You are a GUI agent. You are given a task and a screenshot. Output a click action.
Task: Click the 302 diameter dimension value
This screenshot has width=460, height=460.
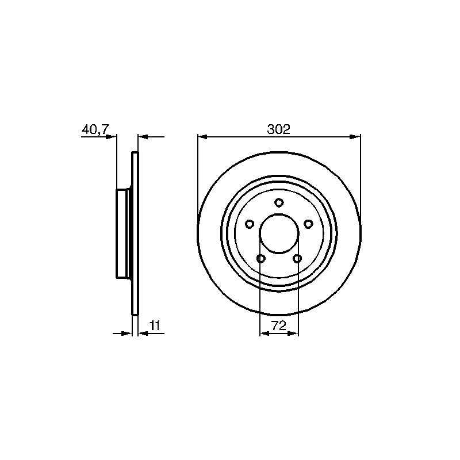coord(278,129)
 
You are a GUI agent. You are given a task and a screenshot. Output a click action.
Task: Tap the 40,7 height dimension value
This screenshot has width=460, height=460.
coord(95,129)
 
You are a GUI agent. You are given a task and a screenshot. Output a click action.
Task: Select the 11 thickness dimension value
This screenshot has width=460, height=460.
coord(154,325)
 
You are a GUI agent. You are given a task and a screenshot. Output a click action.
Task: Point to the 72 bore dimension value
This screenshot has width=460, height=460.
coord(279,325)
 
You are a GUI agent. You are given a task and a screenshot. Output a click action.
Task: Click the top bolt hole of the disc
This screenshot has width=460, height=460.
coord(279,203)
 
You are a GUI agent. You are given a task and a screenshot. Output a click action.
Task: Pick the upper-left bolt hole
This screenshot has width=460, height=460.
coord(250,224)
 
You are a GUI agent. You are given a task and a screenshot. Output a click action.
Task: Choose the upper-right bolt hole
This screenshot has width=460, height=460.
coord(308,224)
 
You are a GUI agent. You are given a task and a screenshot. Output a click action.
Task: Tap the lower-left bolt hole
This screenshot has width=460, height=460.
coord(261,258)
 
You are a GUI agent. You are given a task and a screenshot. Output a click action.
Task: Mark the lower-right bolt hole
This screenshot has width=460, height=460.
coord(297,258)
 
